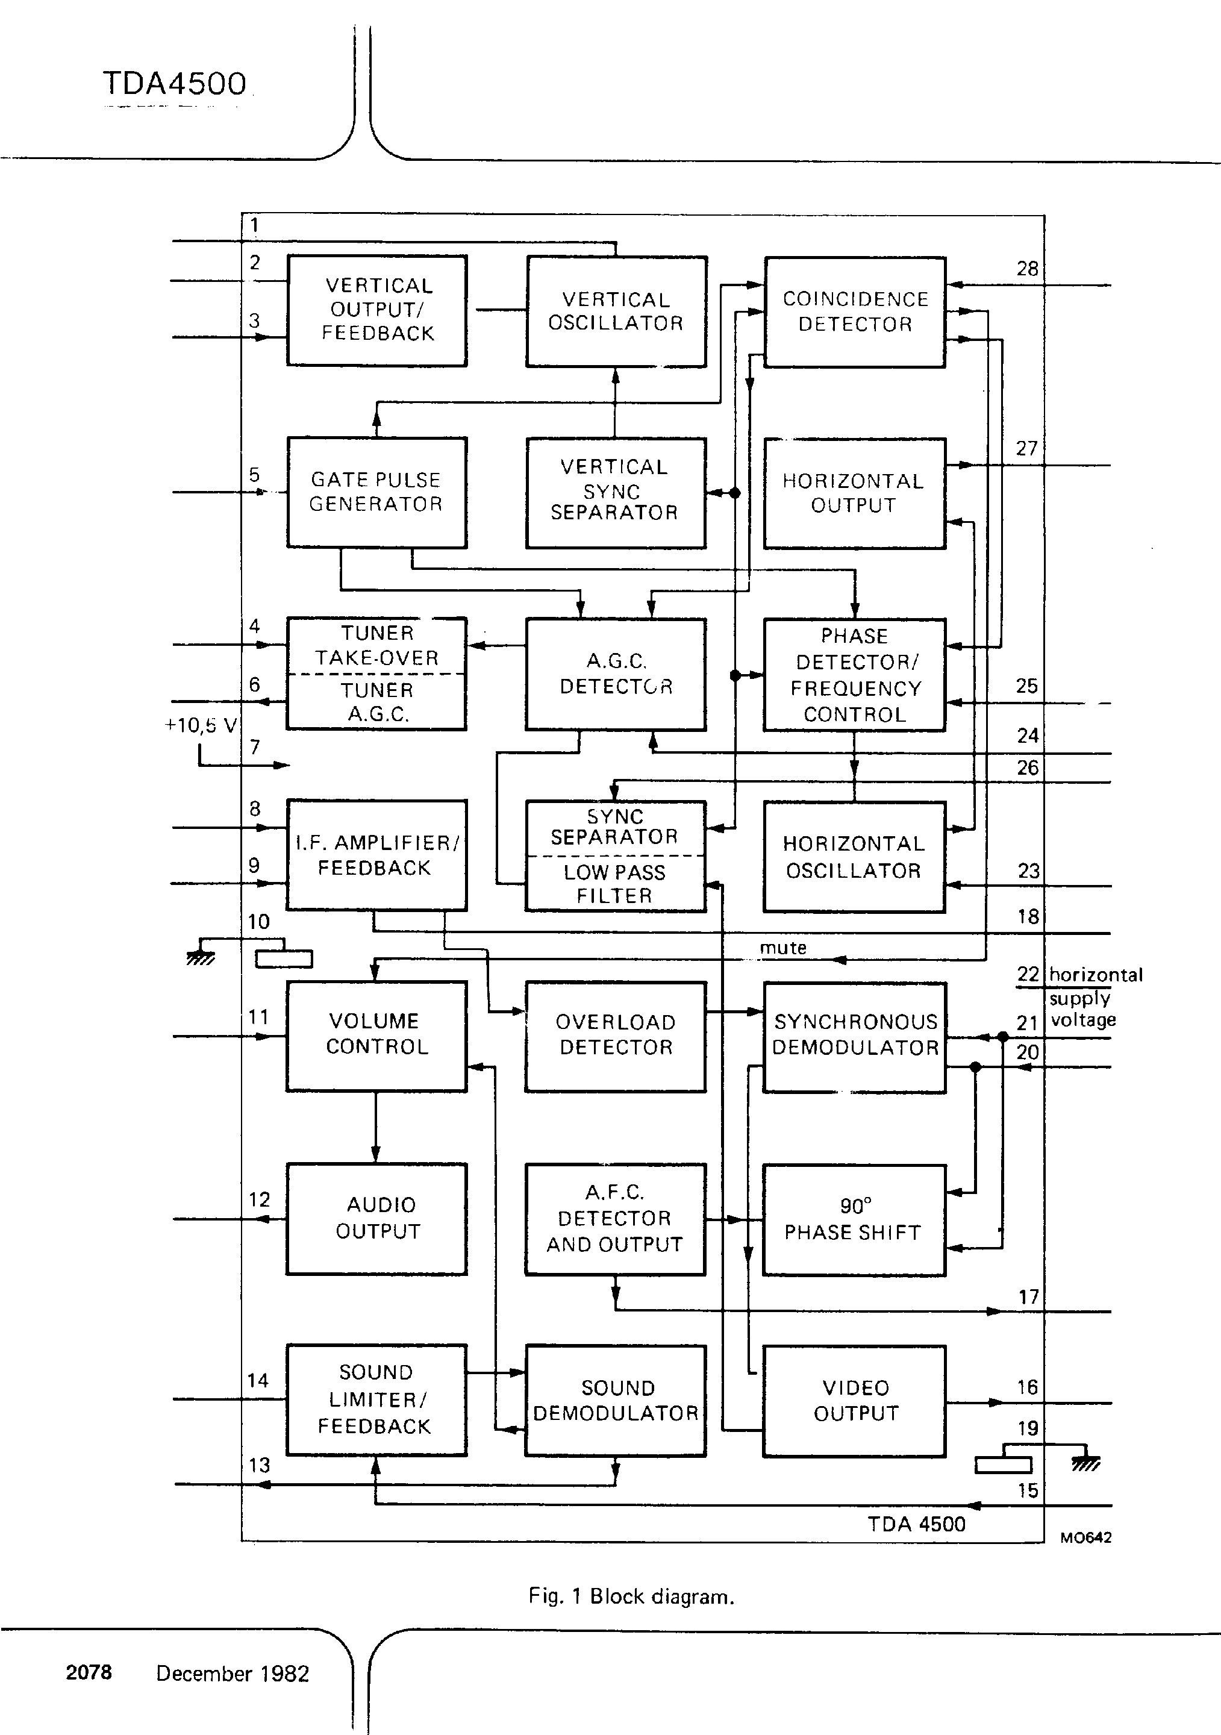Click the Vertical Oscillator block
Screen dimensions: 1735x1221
pyautogui.click(x=616, y=311)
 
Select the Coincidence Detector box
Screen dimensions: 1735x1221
pyautogui.click(x=855, y=311)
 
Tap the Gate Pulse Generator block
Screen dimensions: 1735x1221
pyautogui.click(x=376, y=492)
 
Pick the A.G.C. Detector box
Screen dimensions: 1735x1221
pyautogui.click(x=616, y=674)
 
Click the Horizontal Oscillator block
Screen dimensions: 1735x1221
pyautogui.click(x=854, y=856)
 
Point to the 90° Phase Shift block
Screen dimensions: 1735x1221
pyautogui.click(x=854, y=1220)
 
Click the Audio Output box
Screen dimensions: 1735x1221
pyautogui.click(x=376, y=1218)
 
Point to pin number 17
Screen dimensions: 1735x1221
pyautogui.click(x=1028, y=1296)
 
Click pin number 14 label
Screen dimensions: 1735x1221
pyautogui.click(x=258, y=1381)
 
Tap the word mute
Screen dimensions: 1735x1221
pyautogui.click(x=782, y=948)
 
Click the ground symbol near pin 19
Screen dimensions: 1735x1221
pyautogui.click(x=1085, y=1464)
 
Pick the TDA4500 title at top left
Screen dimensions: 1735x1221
pyautogui.click(x=175, y=84)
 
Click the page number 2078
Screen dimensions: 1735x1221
pyautogui.click(x=89, y=1672)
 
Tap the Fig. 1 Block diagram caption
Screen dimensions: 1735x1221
pyautogui.click(x=631, y=1596)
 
